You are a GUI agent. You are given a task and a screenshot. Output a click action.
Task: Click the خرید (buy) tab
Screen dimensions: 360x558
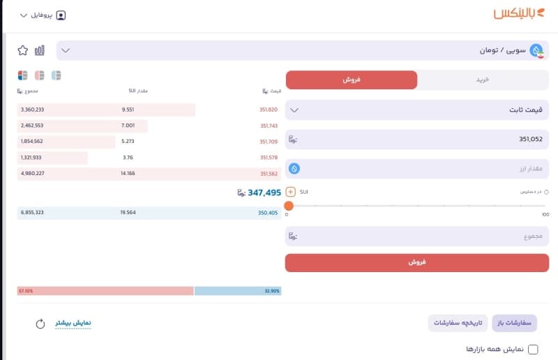pos(483,80)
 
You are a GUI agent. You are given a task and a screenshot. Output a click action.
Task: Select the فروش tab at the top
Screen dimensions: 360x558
pos(352,80)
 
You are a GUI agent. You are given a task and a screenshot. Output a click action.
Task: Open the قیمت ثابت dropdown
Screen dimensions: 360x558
pos(417,110)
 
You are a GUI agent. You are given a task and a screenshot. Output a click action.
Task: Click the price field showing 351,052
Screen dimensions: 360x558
pos(417,139)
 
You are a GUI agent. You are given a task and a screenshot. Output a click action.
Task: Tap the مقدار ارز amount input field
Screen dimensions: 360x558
pos(417,168)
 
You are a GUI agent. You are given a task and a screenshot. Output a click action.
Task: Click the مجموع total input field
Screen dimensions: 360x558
pos(417,237)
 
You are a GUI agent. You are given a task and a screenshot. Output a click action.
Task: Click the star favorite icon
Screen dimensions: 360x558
pos(23,50)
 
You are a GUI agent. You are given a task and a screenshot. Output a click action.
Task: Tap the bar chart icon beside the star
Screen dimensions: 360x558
pos(39,50)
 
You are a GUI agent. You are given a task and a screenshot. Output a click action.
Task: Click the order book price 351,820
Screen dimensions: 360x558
pos(269,110)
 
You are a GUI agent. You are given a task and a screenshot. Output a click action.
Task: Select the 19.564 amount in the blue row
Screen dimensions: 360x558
pos(128,212)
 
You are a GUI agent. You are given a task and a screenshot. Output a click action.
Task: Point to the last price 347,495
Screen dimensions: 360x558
pos(259,193)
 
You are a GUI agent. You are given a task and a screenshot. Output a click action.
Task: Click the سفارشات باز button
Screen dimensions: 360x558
pos(515,322)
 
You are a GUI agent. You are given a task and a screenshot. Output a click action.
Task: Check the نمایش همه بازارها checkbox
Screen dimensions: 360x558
pos(534,349)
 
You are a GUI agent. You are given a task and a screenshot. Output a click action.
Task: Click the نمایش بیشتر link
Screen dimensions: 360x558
pos(73,323)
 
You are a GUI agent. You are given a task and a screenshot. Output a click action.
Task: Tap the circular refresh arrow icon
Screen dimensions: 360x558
pos(40,324)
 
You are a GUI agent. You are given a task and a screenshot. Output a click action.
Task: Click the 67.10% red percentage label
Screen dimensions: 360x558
pos(26,291)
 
